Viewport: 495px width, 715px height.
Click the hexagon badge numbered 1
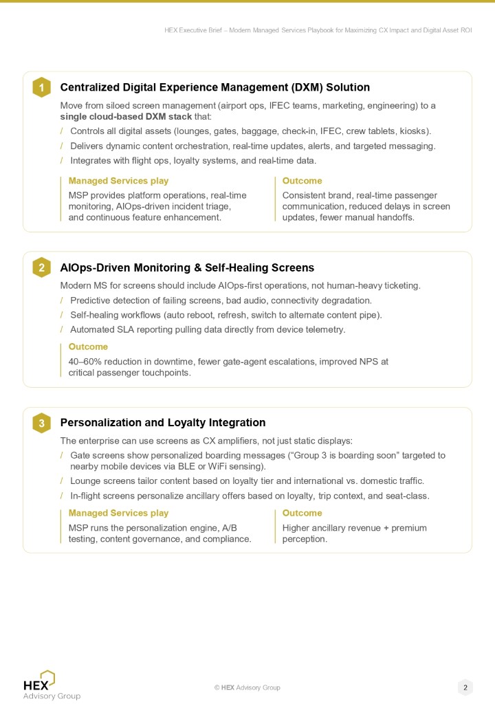coord(41,87)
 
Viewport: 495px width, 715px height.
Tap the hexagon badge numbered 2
coord(41,267)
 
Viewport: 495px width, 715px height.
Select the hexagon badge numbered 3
coord(41,423)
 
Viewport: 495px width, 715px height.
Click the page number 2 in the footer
coord(465,687)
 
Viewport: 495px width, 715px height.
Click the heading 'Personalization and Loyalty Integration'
coord(163,423)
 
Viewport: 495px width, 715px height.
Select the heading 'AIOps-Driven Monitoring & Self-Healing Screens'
coord(187,267)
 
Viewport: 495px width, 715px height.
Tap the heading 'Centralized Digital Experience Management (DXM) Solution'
coord(215,87)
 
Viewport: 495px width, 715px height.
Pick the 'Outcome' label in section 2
coord(88,346)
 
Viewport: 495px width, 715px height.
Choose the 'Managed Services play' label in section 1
coord(118,181)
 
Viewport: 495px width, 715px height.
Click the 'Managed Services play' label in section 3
coord(118,513)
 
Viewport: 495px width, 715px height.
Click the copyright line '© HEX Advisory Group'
coord(247,687)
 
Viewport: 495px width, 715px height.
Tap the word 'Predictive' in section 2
coord(91,300)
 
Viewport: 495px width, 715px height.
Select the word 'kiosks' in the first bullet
coord(415,131)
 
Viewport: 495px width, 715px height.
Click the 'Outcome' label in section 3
coord(302,513)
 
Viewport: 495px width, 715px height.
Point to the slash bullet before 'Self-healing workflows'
coord(62,315)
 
